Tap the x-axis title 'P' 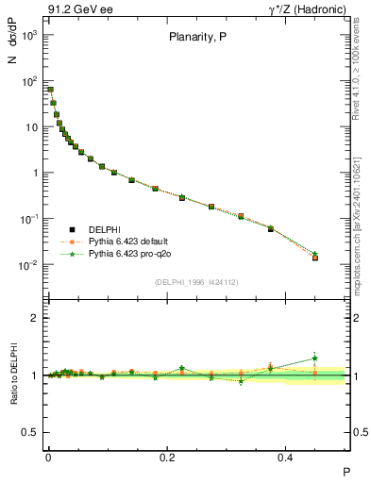point(346,472)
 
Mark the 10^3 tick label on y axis point(29,35)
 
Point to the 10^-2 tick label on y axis point(29,265)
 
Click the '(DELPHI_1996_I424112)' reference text point(197,281)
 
